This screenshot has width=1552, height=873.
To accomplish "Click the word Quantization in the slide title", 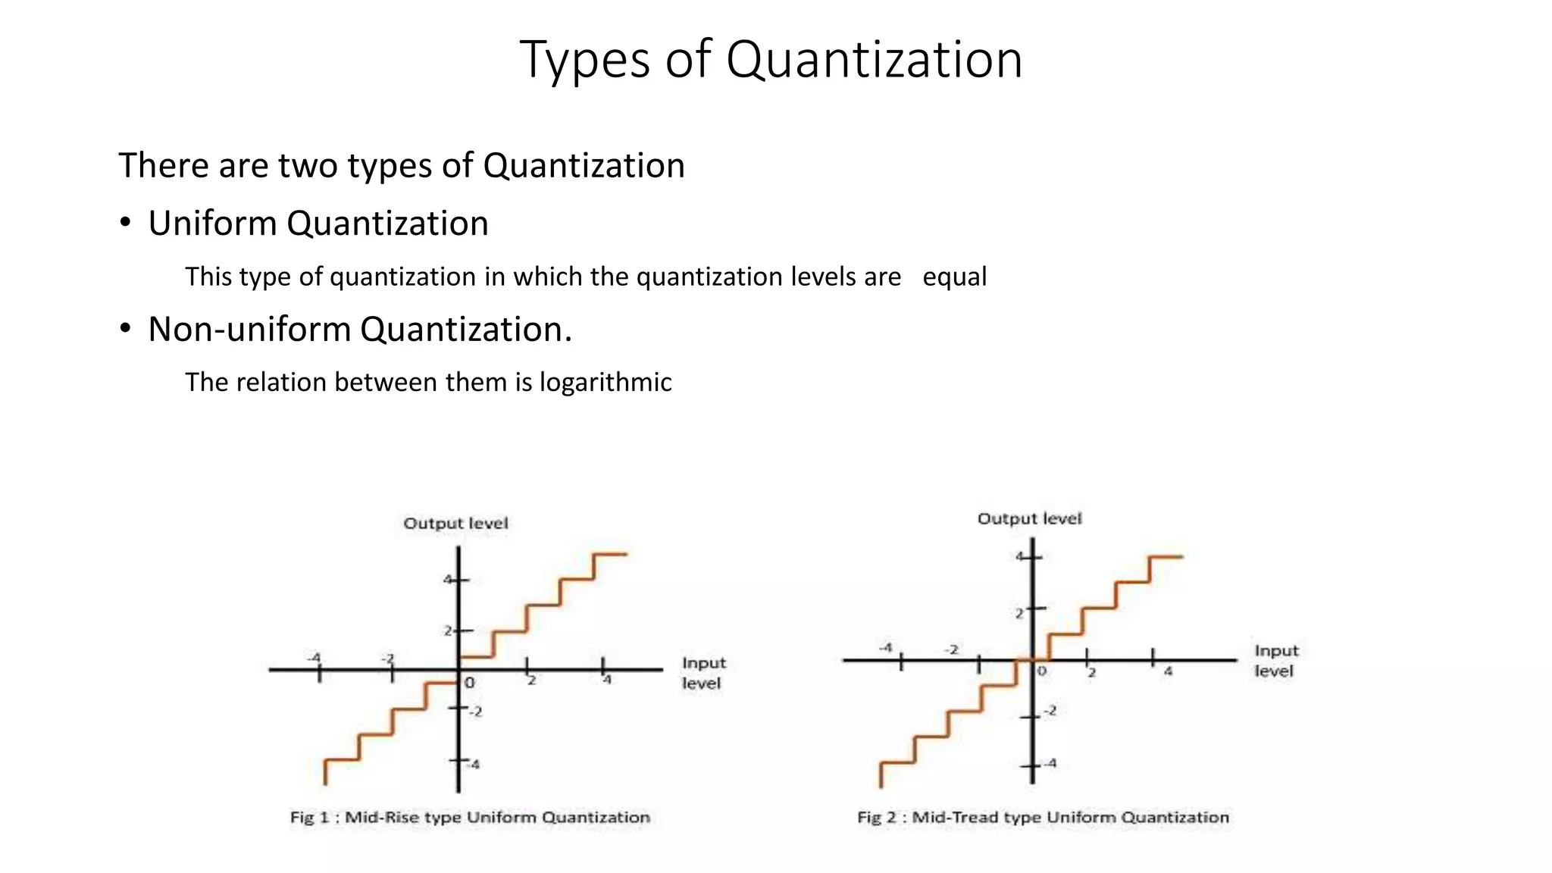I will pos(875,59).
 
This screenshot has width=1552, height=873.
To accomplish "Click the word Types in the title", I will pos(584,61).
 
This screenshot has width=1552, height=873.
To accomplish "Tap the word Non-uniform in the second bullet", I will pos(249,330).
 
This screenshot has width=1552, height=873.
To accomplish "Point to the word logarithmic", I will pos(605,382).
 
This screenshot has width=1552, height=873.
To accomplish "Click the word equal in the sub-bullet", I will pos(954,277).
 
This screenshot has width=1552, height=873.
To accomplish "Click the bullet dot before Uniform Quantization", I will pos(125,223).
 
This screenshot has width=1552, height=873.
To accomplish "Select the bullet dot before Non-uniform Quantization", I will pos(125,329).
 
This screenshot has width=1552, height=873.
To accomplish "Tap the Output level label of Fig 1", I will pos(455,523).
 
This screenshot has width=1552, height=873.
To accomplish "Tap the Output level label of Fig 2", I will pos(1029,518).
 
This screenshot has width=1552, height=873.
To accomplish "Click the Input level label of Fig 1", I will pos(703,673).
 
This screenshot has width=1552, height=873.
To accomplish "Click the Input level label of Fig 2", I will pos(1276,661).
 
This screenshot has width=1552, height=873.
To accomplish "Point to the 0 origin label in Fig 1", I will pos(470,683).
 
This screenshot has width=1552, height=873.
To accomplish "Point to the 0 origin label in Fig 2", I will pos(1042,671).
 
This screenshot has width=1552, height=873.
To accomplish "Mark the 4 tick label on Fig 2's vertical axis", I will pos(1020,557).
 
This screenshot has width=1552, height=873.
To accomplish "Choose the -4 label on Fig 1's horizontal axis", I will pos(314,657).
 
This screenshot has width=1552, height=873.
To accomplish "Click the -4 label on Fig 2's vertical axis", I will pos(1050,763).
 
